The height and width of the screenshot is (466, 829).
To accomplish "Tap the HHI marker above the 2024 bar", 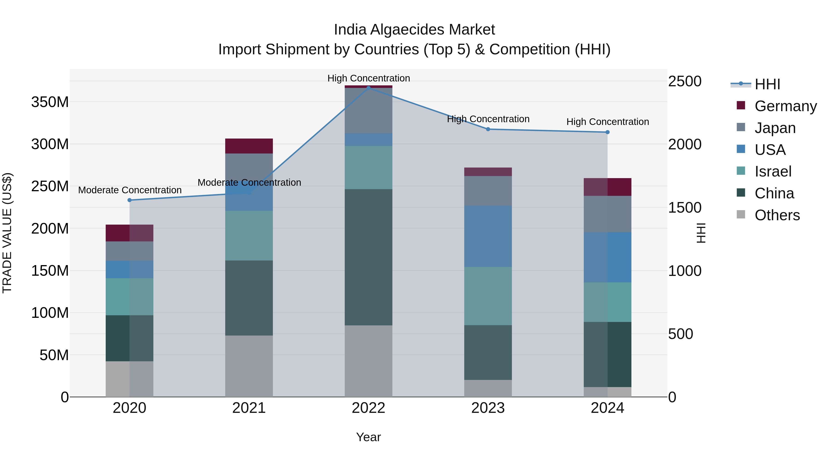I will pyautogui.click(x=607, y=132).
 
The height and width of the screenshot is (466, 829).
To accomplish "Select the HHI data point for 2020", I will pyautogui.click(x=129, y=200).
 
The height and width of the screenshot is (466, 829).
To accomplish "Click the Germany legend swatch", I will pyautogui.click(x=741, y=105).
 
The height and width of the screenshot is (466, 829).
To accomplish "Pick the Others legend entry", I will pyautogui.click(x=777, y=215).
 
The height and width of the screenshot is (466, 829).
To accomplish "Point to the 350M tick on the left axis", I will pyautogui.click(x=50, y=102).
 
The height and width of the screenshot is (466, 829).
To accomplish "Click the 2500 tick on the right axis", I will pyautogui.click(x=685, y=81).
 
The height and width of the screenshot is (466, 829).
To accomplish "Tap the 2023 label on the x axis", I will pyautogui.click(x=488, y=408).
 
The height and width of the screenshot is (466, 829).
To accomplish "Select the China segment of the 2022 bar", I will pyautogui.click(x=368, y=257).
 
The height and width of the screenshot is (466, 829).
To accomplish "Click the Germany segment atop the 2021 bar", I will pyautogui.click(x=249, y=146).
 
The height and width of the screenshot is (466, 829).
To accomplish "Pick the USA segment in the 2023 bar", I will pyautogui.click(x=488, y=236).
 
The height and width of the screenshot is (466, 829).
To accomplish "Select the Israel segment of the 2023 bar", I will pyautogui.click(x=488, y=296).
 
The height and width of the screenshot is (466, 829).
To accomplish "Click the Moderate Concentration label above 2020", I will pyautogui.click(x=130, y=190).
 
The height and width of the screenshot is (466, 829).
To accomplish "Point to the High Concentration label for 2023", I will pyautogui.click(x=488, y=119).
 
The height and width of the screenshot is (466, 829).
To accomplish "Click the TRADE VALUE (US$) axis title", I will pyautogui.click(x=7, y=233).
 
